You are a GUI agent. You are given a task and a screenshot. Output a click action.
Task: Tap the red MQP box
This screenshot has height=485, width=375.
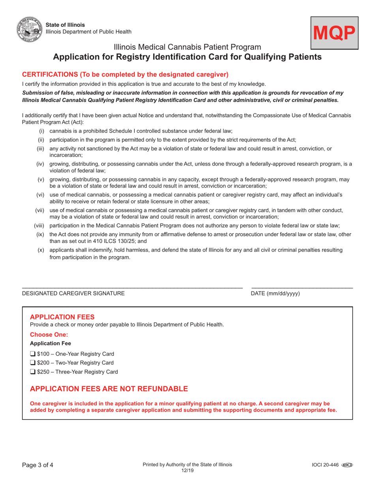(334, 33)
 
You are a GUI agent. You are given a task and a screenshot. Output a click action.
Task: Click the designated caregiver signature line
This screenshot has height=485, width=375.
(132, 287)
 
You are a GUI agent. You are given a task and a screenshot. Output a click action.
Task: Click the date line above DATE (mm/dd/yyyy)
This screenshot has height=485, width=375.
(302, 287)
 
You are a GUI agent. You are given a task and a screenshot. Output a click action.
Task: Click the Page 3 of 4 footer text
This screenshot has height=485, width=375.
(37, 465)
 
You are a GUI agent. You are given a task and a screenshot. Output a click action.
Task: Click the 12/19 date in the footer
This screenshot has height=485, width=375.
(187, 471)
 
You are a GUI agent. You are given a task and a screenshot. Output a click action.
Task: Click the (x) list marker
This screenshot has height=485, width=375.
(41, 250)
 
